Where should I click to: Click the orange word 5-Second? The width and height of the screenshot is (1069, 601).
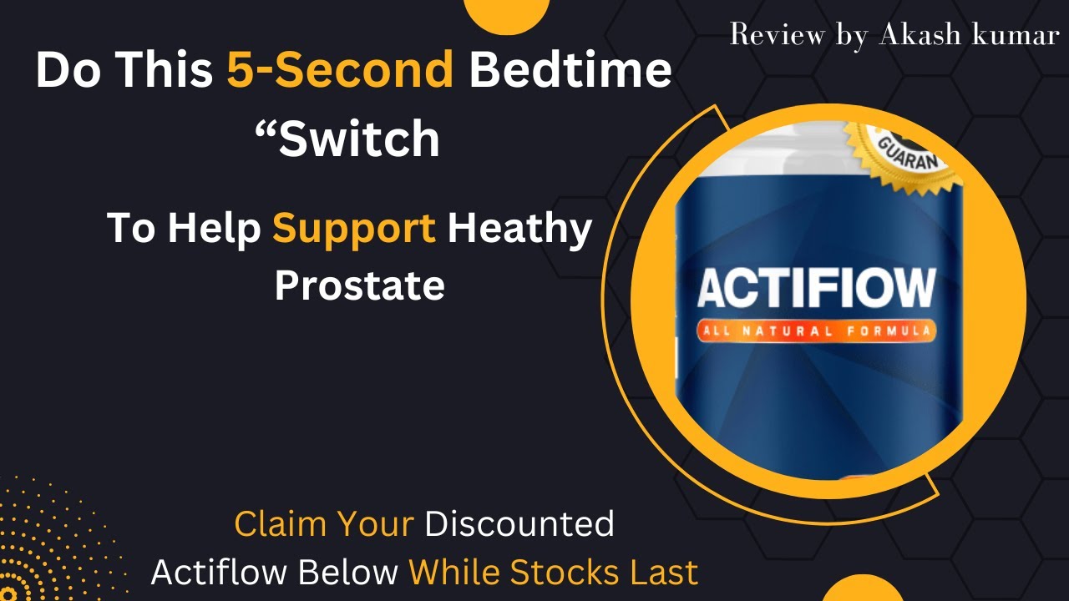(340, 71)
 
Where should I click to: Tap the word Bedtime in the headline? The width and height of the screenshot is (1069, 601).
(570, 71)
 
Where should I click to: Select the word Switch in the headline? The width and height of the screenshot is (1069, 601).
(359, 139)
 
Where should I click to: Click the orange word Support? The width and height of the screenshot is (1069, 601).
(354, 229)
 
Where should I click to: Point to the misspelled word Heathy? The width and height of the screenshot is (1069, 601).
(519, 229)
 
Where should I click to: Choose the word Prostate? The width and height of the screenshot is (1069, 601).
(359, 285)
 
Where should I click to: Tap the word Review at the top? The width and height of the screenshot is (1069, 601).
(773, 35)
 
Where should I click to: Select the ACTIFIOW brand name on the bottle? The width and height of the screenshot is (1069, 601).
(816, 288)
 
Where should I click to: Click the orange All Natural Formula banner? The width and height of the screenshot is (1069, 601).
(816, 331)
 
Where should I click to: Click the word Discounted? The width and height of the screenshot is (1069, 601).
(519, 524)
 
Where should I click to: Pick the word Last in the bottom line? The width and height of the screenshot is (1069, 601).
(666, 573)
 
